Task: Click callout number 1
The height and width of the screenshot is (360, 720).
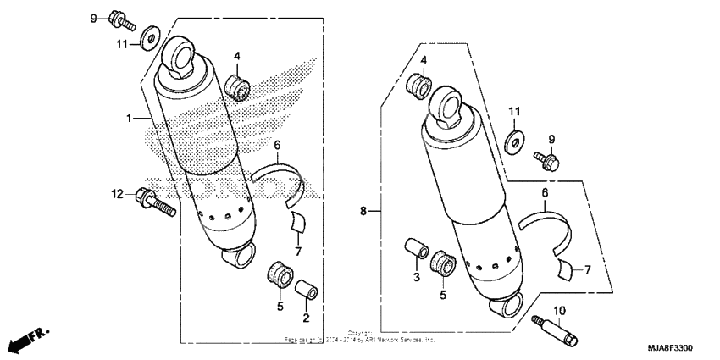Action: pos(130,119)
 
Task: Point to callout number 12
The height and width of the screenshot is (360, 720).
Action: pos(118,195)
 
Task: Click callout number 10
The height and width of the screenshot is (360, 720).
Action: pos(561,311)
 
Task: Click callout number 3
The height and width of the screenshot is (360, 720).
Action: pos(415,278)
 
